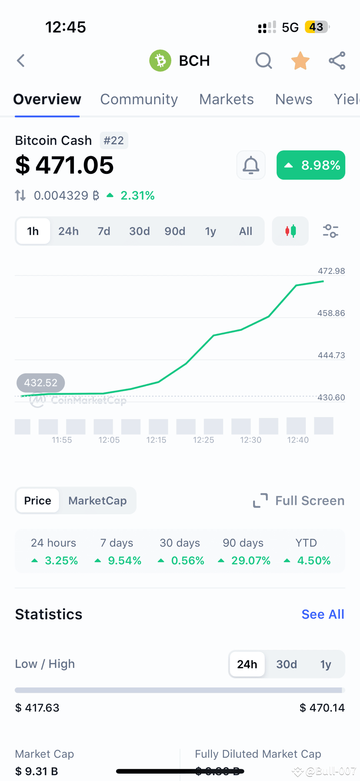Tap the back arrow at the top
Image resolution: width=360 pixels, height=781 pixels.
point(21,60)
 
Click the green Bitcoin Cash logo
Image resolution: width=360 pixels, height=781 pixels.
point(160,60)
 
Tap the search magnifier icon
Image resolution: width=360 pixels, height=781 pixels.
point(263,61)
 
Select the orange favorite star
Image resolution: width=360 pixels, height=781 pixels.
point(300,61)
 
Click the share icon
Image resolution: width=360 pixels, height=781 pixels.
point(337,60)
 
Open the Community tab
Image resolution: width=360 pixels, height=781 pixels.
point(139,99)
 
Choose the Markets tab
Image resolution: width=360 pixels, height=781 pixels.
point(226,99)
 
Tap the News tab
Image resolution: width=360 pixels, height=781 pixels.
point(293,99)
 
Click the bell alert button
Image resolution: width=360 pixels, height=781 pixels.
point(251,165)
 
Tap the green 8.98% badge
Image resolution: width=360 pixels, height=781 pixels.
point(311,165)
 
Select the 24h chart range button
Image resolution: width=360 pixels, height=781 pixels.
point(68,231)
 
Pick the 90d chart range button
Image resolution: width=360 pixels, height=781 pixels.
point(175,231)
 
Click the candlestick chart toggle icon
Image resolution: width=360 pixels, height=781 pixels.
point(290,231)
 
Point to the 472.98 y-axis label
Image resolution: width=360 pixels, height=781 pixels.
point(331,271)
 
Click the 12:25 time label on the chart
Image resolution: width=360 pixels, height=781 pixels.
point(203,440)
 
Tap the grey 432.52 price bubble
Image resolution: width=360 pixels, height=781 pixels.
point(40,383)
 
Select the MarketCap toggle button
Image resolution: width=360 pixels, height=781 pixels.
point(97,501)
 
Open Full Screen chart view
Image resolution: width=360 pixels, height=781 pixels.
point(299,501)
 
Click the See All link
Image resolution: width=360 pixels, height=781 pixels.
point(323,614)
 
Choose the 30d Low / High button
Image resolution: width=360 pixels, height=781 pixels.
point(287,664)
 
